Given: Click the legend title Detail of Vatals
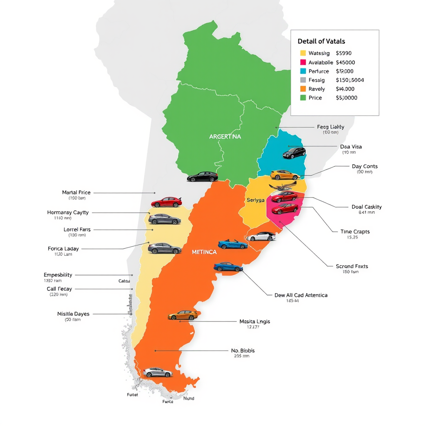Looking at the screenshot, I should point(321,41).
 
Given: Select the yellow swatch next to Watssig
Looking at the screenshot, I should point(303,53).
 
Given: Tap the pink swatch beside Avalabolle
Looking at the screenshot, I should point(303,62).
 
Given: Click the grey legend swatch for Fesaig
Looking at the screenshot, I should point(303,80).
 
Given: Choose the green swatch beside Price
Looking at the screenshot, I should point(303,98).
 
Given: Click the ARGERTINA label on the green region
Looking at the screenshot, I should point(225,136).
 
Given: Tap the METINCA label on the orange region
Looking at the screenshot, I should point(204,252).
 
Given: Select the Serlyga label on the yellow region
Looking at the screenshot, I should point(255,200).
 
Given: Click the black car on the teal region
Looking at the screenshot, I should point(294,153).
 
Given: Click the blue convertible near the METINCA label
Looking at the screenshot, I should point(233,245).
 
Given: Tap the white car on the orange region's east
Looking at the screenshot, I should point(261,236).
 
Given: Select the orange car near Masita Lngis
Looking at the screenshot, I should point(183,315).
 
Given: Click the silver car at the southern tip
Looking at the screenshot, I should point(157,372).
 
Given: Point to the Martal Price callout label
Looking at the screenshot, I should point(76,193).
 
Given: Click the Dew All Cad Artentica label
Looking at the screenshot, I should point(301,295).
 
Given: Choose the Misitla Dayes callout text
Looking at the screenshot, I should point(73,314).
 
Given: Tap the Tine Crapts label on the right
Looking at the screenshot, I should point(355,232).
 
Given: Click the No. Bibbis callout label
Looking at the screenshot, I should point(243,351).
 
